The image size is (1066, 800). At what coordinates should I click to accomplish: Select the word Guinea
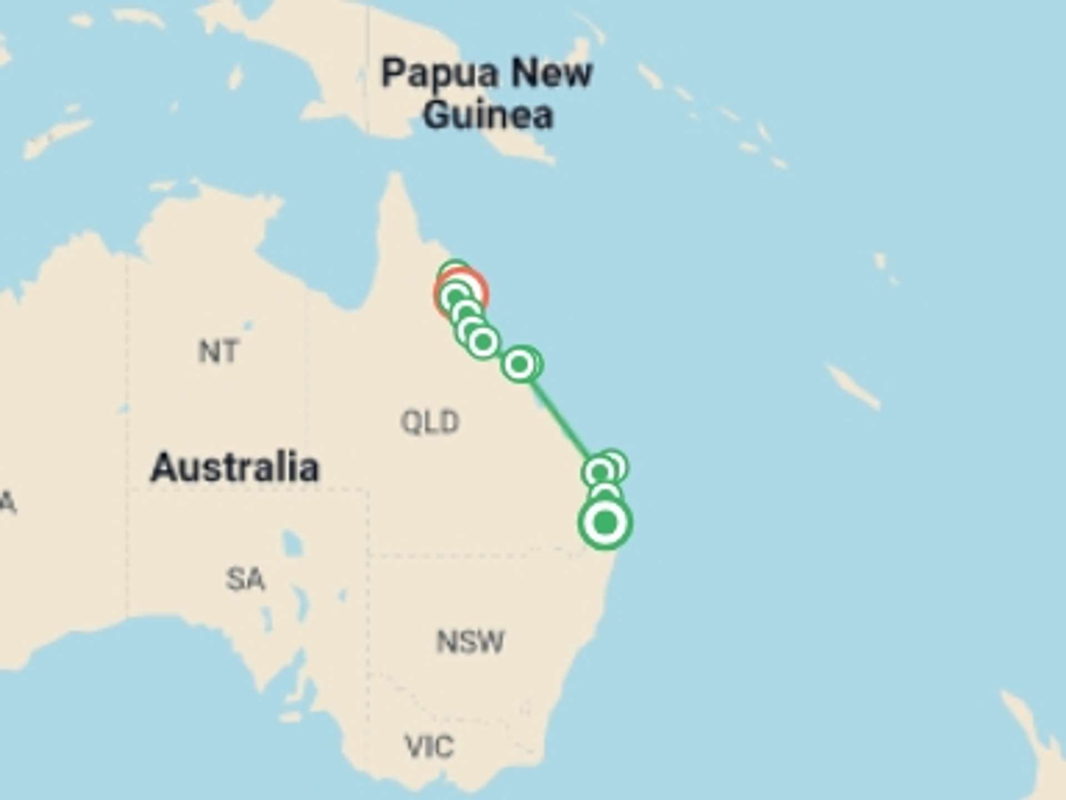point(488,115)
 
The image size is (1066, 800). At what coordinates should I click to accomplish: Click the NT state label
point(219,352)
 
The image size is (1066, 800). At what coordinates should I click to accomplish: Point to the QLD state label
point(430,422)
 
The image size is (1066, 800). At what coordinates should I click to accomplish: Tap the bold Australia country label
point(235,467)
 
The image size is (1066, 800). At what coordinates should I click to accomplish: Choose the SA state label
point(245,579)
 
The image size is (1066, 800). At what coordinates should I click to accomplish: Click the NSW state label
point(470,642)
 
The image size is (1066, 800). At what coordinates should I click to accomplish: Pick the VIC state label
point(429,746)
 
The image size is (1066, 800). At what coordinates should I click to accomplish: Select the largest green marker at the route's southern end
point(605,523)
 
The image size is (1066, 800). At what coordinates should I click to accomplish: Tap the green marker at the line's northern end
point(520,364)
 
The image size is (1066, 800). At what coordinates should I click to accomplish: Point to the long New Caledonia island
point(852,387)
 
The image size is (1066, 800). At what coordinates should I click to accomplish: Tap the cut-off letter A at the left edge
point(7,503)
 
